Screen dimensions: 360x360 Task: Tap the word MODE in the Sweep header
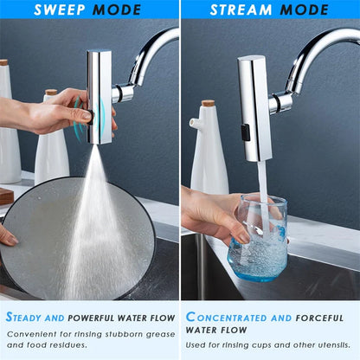pos(119,10)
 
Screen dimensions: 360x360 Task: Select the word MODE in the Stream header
pos(299,10)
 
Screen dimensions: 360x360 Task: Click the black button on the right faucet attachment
pos(246,132)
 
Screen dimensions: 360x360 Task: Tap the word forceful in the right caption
pos(320,318)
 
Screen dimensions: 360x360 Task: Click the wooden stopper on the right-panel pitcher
pos(208,103)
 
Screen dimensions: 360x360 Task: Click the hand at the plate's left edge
pos(7,235)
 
